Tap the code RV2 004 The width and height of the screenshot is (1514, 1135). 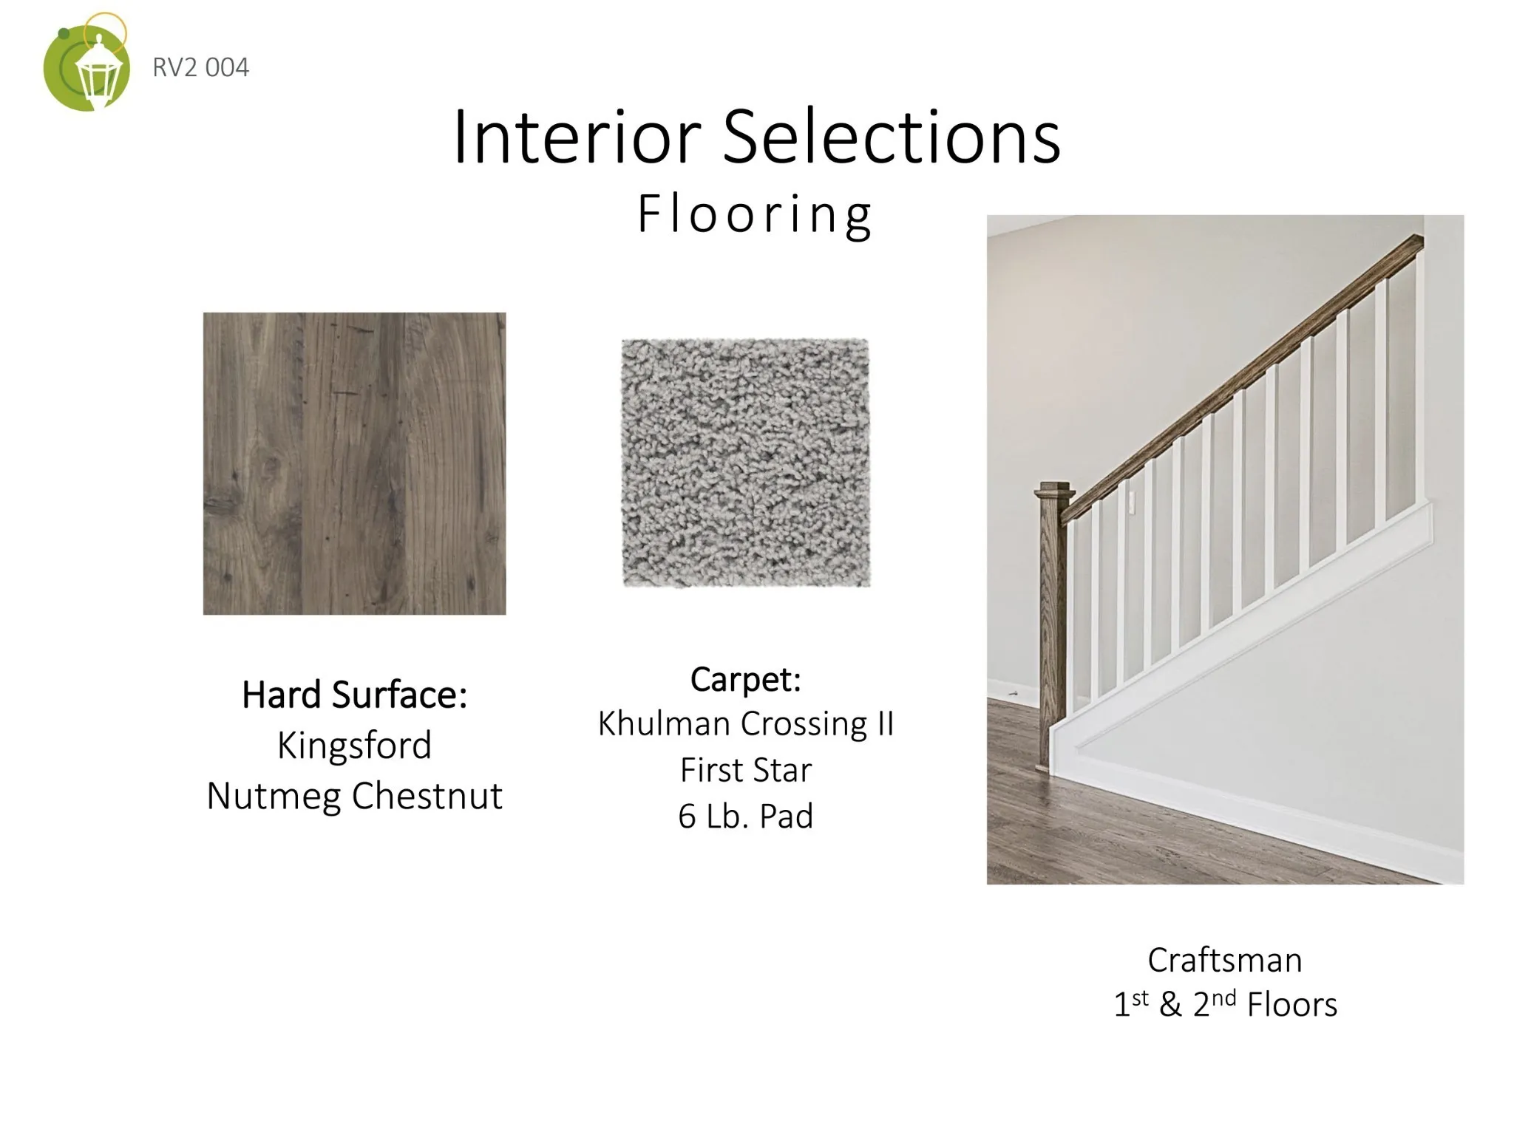tap(201, 67)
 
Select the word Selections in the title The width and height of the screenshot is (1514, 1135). tap(891, 136)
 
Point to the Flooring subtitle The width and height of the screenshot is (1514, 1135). tap(755, 214)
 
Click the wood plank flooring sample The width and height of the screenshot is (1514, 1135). tap(355, 463)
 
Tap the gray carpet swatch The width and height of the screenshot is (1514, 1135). tap(745, 463)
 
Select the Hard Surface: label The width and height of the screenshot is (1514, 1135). tap(355, 695)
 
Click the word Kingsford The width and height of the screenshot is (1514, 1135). tap(355, 746)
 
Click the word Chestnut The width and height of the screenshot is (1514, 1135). tap(427, 795)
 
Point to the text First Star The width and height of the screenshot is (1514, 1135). tap(746, 770)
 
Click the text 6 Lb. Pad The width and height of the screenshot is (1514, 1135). tap(746, 817)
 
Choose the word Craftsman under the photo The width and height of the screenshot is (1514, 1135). tap(1225, 961)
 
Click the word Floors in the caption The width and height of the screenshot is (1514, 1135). tap(1292, 1005)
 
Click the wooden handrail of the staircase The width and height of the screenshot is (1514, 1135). tap(1243, 378)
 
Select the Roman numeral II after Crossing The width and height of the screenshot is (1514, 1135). tap(885, 723)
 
